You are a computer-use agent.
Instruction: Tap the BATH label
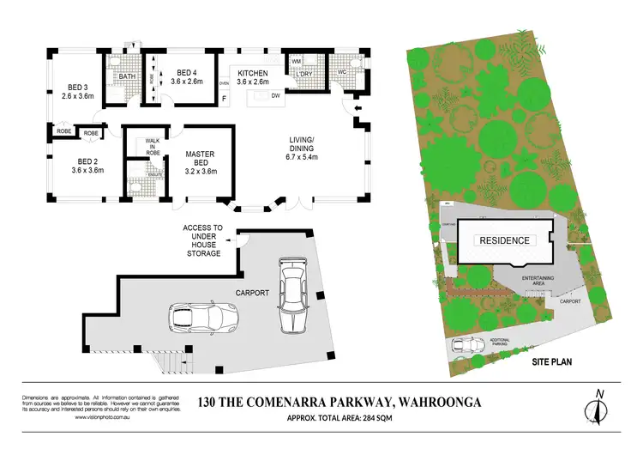pyautogui.click(x=128, y=77)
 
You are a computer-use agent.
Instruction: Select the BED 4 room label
pyautogui.click(x=187, y=77)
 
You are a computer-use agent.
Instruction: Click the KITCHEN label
pyautogui.click(x=253, y=77)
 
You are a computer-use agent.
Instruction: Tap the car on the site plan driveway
pyautogui.click(x=467, y=345)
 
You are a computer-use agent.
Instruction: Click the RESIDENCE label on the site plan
pyautogui.click(x=503, y=240)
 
